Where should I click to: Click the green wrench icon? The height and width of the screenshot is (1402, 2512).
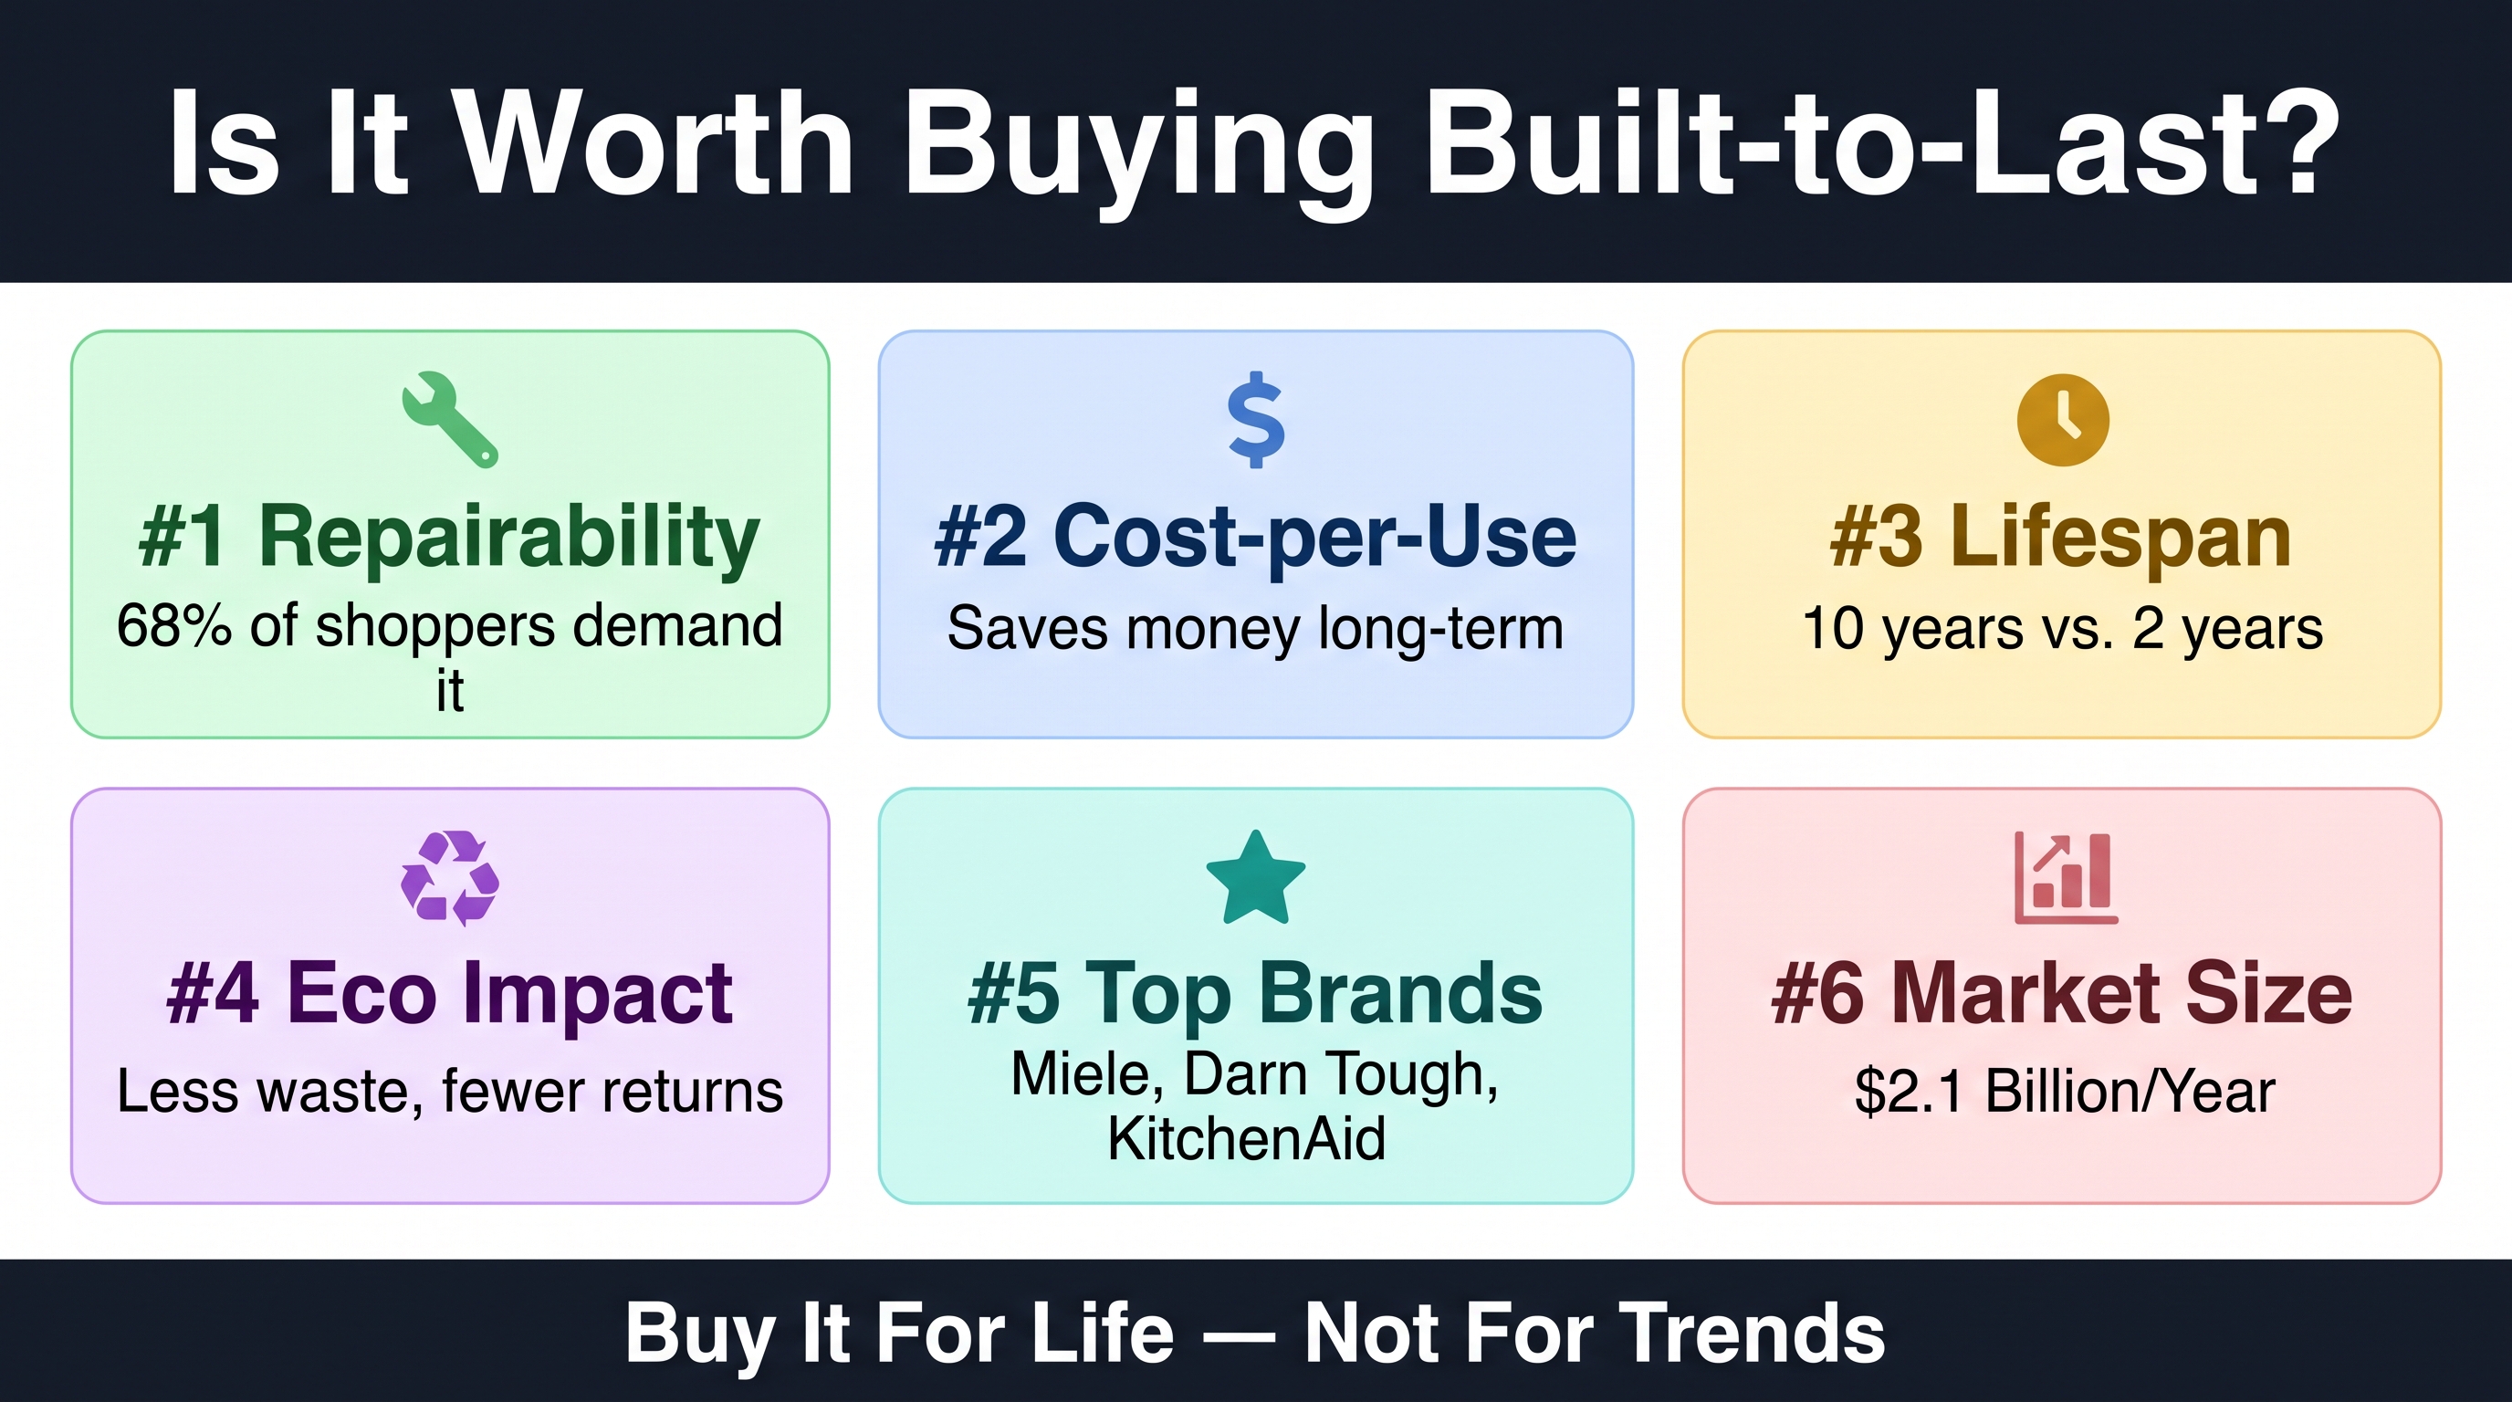pos(449,420)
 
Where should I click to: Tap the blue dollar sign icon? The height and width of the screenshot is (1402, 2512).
pos(1256,419)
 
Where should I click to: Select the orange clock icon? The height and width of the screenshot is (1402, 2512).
pos(2063,420)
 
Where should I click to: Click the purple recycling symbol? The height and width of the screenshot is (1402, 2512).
pos(449,877)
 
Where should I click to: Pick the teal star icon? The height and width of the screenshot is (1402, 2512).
pos(1256,877)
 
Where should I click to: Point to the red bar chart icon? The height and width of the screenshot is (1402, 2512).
pos(2066,877)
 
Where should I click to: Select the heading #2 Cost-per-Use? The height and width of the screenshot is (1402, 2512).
pos(1256,536)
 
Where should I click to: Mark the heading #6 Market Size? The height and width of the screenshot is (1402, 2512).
pos(2061,993)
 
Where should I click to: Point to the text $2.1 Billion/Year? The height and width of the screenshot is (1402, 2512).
pos(2065,1091)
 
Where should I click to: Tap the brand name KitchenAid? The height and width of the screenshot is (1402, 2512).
pos(1246,1138)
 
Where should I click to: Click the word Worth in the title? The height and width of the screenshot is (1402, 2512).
pos(654,143)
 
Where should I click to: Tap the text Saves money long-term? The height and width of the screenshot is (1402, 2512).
pos(1256,628)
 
